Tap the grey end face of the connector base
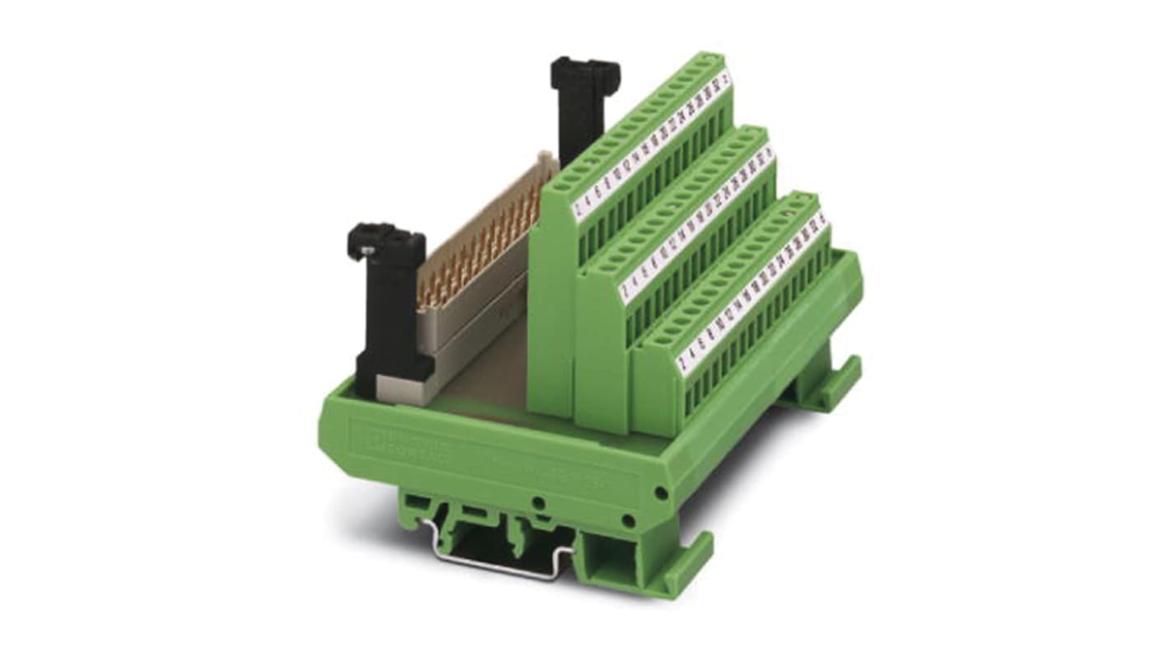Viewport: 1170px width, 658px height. (404, 389)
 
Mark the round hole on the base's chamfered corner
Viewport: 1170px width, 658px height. (660, 492)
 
